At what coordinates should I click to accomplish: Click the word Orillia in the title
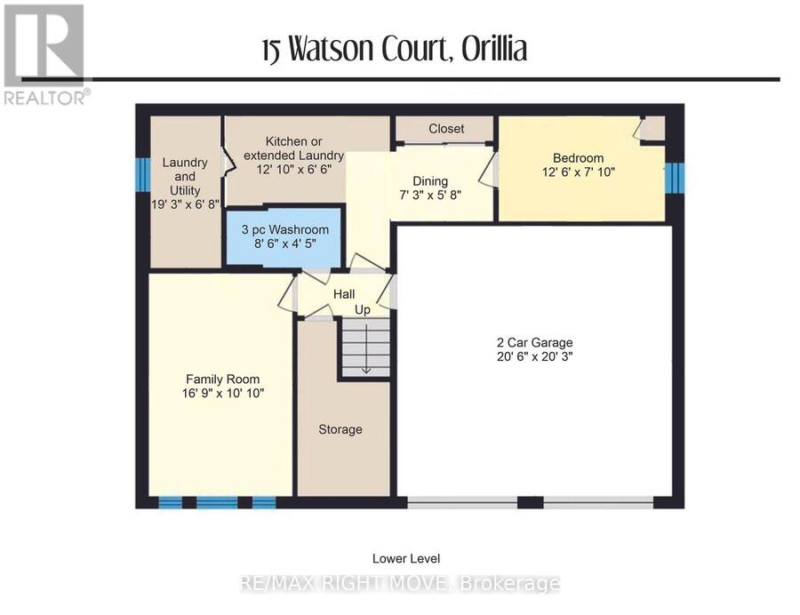click(494, 49)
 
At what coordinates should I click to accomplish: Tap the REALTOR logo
click(46, 54)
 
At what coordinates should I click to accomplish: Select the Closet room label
click(446, 129)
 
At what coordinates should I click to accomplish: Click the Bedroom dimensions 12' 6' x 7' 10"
click(578, 172)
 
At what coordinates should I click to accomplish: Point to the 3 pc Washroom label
click(285, 229)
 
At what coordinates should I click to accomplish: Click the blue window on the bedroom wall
click(674, 178)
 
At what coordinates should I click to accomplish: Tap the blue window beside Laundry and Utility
click(143, 174)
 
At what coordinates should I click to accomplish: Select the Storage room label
click(340, 429)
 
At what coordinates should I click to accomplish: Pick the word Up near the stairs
click(363, 309)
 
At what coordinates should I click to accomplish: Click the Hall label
click(344, 294)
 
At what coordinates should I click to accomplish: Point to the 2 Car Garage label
click(535, 343)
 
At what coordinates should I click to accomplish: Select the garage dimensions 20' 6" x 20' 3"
click(535, 356)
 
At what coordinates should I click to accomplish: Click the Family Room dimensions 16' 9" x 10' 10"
click(223, 393)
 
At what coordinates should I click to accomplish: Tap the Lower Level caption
click(406, 558)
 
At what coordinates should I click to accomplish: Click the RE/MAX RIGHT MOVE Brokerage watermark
click(400, 583)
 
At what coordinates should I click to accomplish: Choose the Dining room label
click(430, 181)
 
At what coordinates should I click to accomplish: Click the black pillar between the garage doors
click(530, 502)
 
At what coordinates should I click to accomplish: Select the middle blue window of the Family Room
click(217, 503)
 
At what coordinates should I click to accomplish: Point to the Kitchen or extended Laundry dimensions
click(294, 170)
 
